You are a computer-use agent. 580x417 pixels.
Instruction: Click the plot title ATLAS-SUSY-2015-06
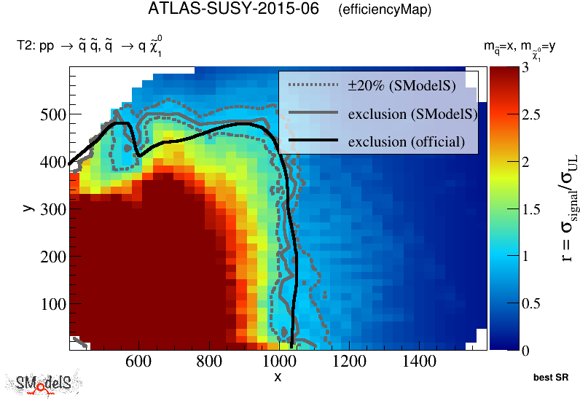(x=233, y=9)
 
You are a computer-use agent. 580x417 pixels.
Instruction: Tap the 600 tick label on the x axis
(x=138, y=362)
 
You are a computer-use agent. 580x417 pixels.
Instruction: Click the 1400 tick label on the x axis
(x=419, y=362)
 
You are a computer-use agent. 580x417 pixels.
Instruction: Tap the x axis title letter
(x=278, y=376)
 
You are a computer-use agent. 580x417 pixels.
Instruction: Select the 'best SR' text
(x=551, y=378)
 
